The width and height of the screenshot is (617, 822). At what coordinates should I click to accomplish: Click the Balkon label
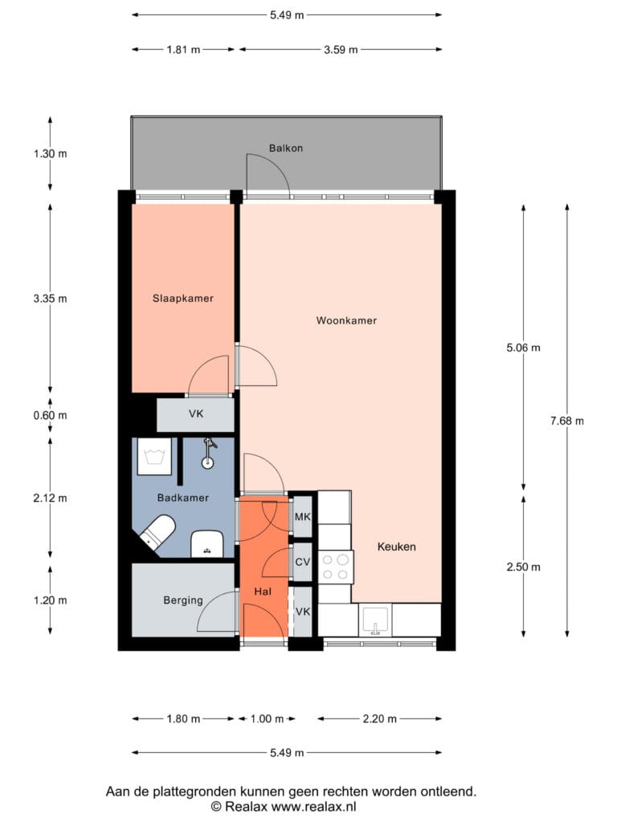pyautogui.click(x=286, y=149)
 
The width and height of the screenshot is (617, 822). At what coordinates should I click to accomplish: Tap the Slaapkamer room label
pyautogui.click(x=183, y=299)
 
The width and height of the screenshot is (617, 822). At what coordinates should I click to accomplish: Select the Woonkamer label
pyautogui.click(x=346, y=320)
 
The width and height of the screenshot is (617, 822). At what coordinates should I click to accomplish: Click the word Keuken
pyautogui.click(x=397, y=547)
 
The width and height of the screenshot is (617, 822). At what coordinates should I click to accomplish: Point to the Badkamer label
pyautogui.click(x=183, y=498)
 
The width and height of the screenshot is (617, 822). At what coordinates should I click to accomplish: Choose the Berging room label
pyautogui.click(x=183, y=600)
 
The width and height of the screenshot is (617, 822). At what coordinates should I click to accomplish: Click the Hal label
pyautogui.click(x=263, y=592)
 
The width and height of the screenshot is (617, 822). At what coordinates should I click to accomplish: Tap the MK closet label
pyautogui.click(x=302, y=518)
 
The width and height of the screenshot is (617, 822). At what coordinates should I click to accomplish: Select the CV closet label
pyautogui.click(x=303, y=563)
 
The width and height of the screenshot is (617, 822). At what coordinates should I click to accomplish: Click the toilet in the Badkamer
pyautogui.click(x=158, y=531)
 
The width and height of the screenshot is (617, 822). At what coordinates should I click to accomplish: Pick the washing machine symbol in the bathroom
pyautogui.click(x=154, y=457)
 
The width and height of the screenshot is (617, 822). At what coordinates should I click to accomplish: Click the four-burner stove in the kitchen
pyautogui.click(x=336, y=567)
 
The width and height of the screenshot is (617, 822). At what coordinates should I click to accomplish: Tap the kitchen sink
pyautogui.click(x=376, y=620)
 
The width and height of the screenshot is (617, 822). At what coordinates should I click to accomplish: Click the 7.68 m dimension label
pyautogui.click(x=567, y=421)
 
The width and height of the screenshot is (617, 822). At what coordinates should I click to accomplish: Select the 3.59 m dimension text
pyautogui.click(x=341, y=50)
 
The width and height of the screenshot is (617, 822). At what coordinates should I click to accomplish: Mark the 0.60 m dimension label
pyautogui.click(x=51, y=416)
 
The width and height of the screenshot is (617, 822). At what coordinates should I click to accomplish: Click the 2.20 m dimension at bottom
pyautogui.click(x=380, y=718)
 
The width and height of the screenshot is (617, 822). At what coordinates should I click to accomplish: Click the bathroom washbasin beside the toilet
pyautogui.click(x=207, y=544)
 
